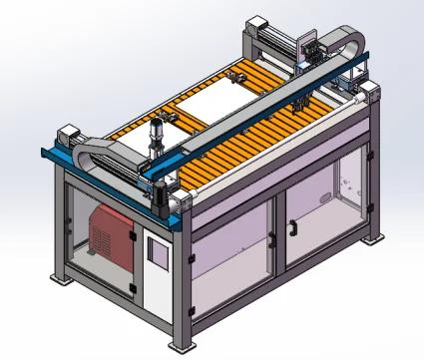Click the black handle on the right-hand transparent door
click(292, 228)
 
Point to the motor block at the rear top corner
click(256, 24)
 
